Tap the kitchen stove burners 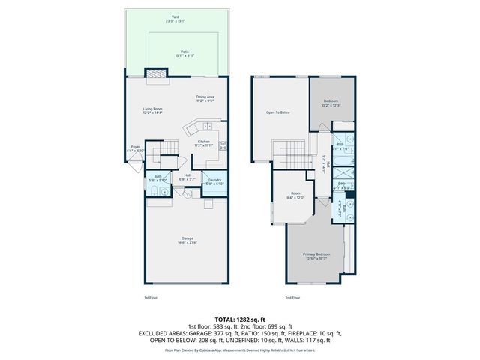223,147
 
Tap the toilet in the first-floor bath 152,192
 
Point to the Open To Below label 278,113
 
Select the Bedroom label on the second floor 331,102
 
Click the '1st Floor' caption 151,298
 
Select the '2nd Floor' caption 293,298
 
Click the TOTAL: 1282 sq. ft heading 240,318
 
